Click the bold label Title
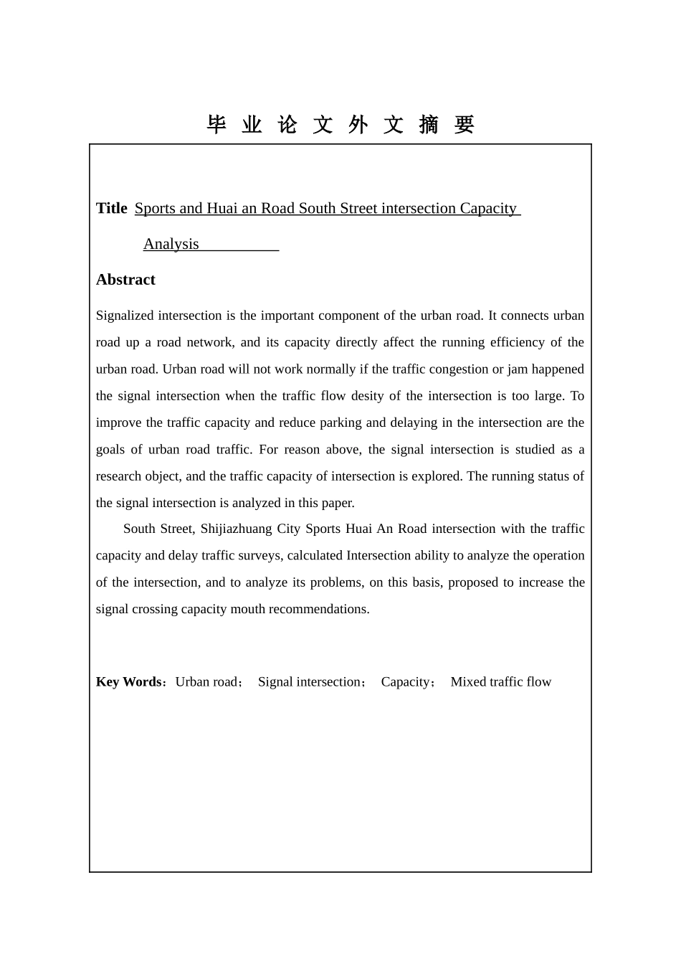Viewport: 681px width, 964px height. pos(112,208)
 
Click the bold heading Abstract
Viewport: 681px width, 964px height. pos(125,280)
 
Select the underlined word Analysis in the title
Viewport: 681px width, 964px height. pos(171,244)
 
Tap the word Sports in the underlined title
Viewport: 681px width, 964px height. pos(155,208)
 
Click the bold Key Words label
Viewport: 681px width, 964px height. pos(129,681)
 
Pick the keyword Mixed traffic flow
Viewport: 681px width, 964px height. pos(500,681)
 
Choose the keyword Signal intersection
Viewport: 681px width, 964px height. pos(309,681)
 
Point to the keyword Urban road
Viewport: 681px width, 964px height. pos(206,681)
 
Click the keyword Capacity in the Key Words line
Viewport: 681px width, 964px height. pos(405,681)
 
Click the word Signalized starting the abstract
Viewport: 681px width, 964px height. pos(125,316)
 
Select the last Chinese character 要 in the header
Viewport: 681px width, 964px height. pos(464,125)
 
